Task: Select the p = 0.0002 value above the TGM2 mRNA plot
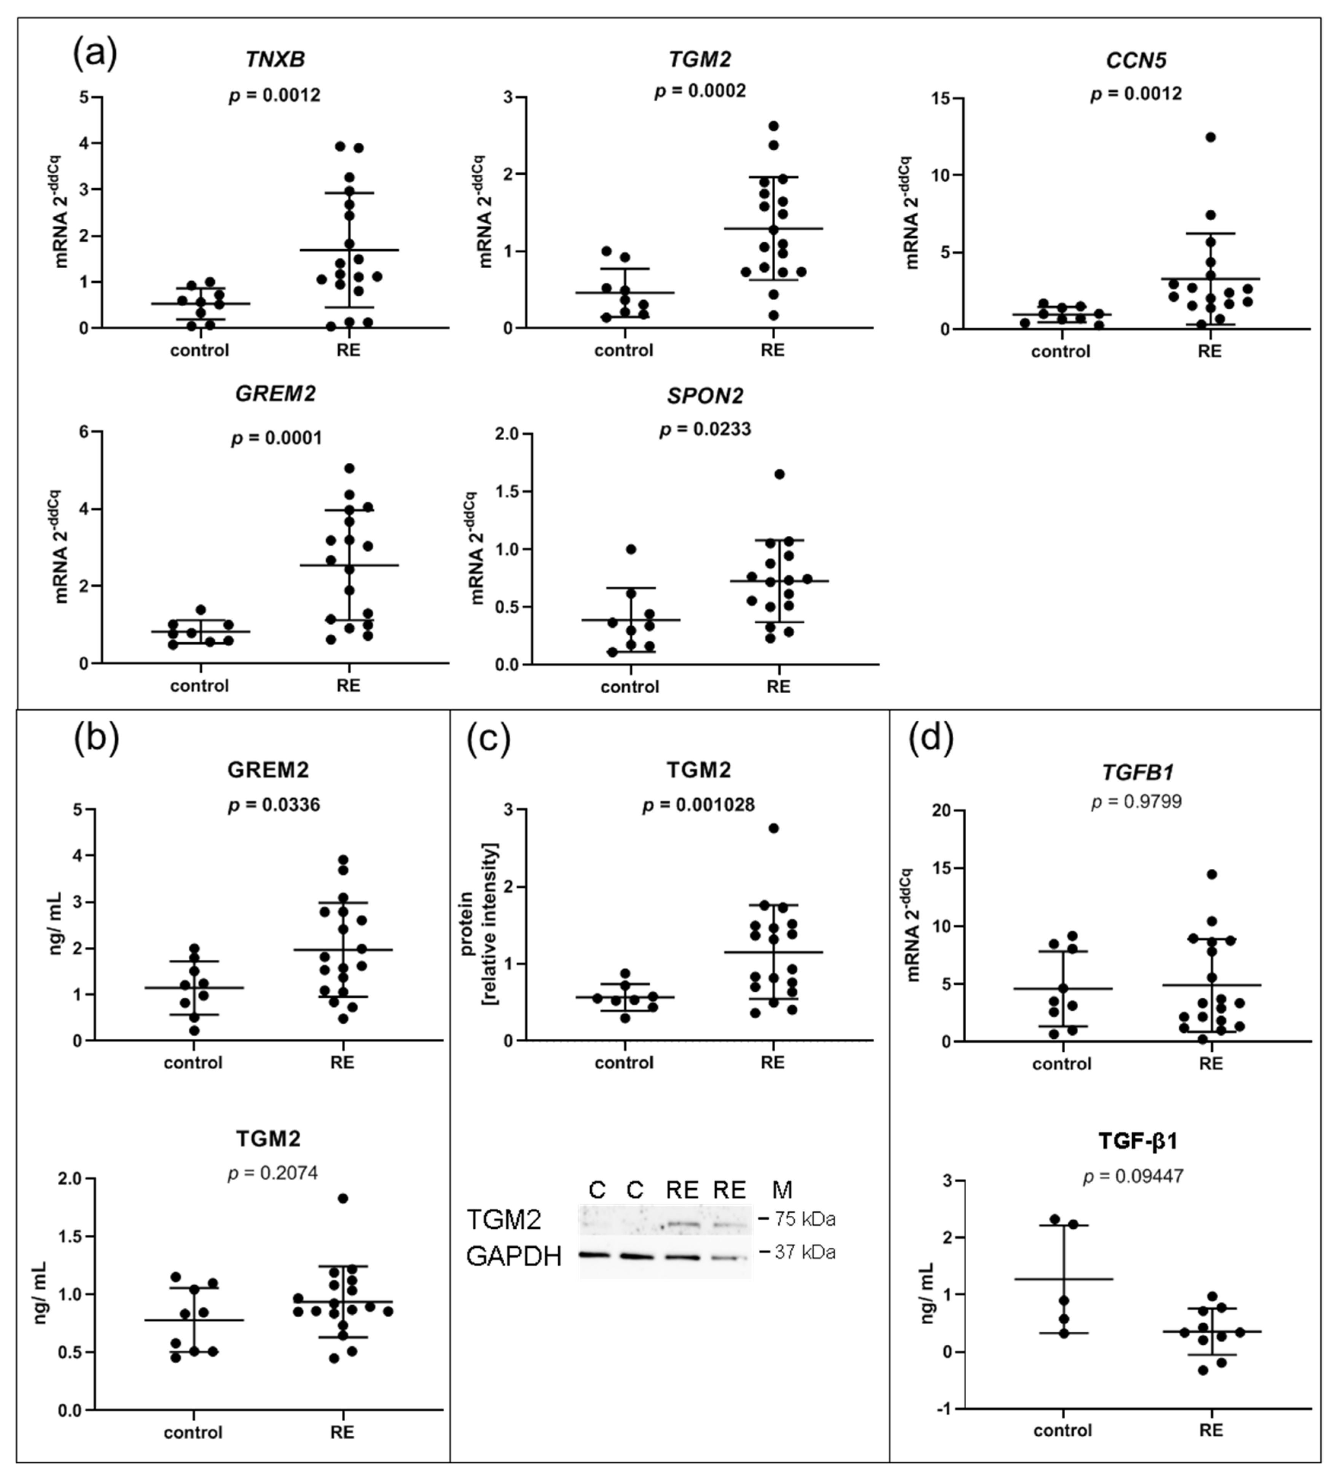(x=700, y=91)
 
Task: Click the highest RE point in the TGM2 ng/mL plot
(x=343, y=1199)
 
